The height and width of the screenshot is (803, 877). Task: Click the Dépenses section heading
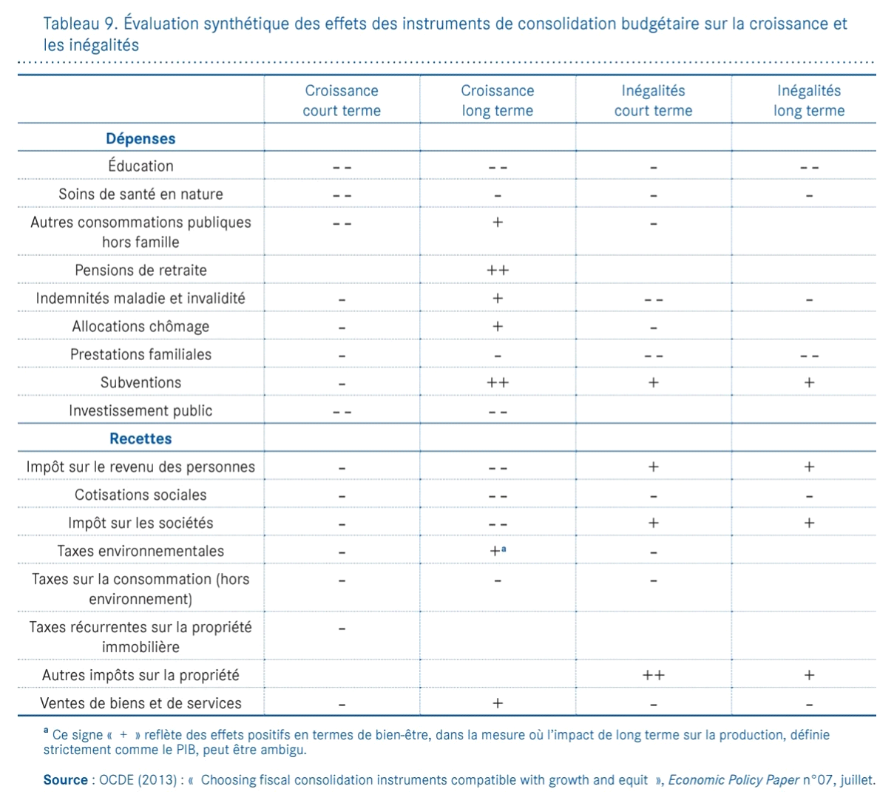140,138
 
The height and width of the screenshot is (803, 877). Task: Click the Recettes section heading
140,438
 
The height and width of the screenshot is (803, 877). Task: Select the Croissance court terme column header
342,101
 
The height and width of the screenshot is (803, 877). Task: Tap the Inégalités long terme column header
809,101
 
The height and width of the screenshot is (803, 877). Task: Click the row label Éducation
140,166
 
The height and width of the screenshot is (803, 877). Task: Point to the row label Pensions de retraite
140,270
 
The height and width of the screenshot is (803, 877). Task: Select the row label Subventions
140,382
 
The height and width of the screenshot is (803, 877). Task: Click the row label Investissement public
140,410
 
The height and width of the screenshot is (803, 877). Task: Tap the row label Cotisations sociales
140,495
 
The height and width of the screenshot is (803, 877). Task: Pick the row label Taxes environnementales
140,551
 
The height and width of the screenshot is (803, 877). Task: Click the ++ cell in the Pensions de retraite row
498,271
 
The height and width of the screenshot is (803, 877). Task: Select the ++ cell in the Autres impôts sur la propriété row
654,675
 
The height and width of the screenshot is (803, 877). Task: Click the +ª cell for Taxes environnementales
498,551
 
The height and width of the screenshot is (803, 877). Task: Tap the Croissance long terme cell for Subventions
498,383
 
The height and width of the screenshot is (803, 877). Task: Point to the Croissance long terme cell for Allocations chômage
498,327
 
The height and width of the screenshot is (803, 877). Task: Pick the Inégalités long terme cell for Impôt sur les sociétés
809,524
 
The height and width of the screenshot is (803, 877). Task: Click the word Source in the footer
65,780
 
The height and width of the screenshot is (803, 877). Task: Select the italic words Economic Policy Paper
734,780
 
